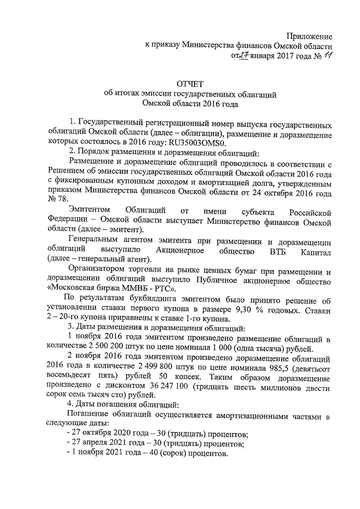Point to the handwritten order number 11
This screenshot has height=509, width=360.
pyautogui.click(x=327, y=55)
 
